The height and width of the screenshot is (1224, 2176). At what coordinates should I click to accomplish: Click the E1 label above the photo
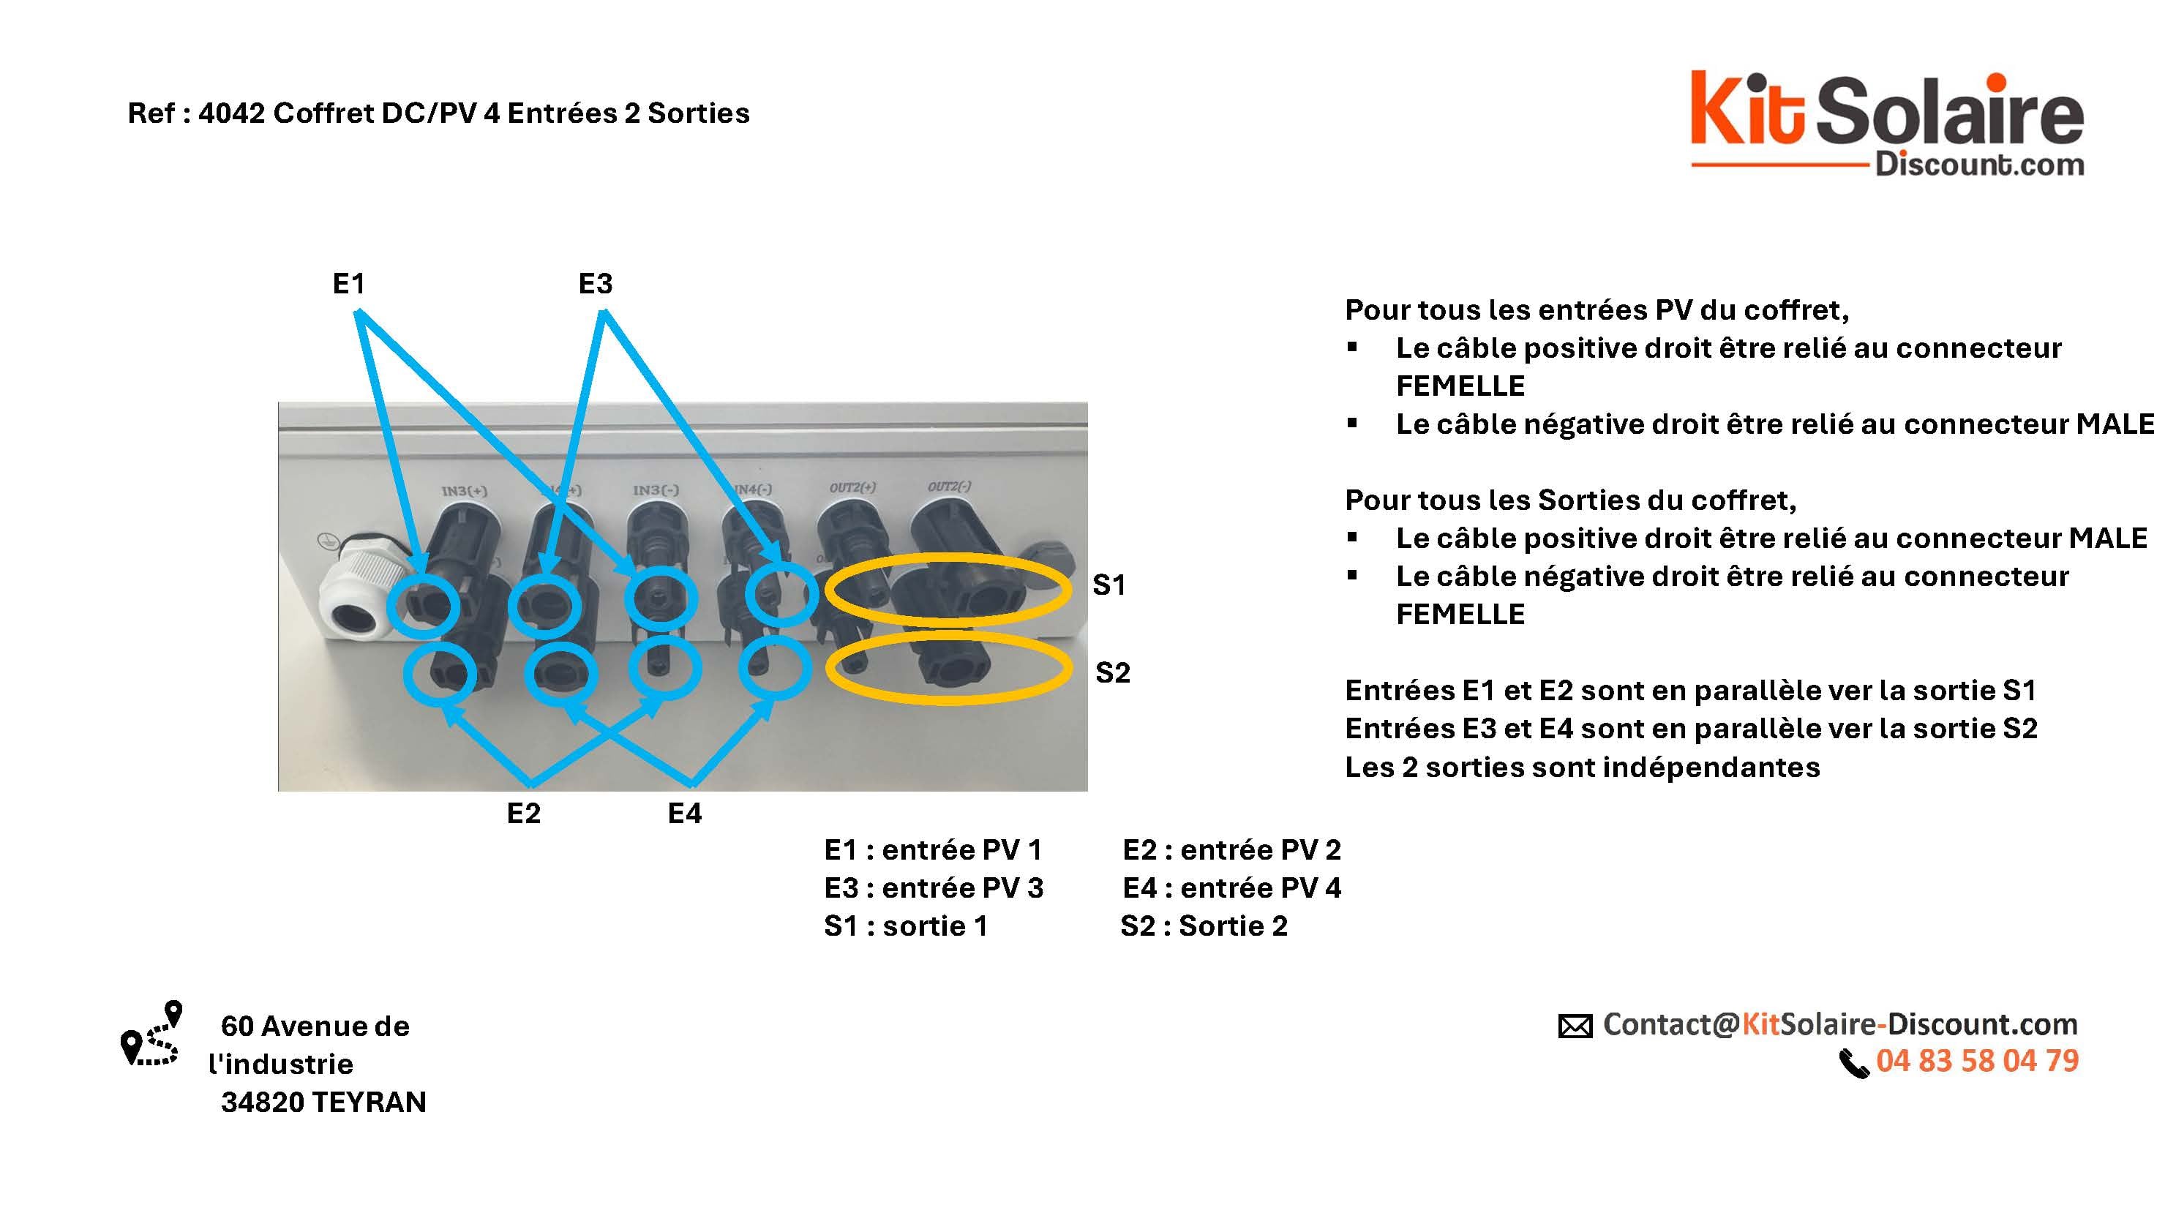click(348, 284)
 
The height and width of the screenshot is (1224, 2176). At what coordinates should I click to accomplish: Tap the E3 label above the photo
click(595, 284)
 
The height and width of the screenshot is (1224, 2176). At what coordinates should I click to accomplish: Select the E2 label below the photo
click(523, 814)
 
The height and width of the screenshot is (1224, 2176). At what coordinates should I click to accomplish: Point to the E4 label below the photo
click(684, 814)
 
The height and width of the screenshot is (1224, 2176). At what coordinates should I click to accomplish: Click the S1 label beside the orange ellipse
click(1108, 585)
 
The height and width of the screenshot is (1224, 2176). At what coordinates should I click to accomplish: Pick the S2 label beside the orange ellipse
click(1111, 673)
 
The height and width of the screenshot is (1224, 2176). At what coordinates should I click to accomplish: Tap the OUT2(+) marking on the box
click(852, 488)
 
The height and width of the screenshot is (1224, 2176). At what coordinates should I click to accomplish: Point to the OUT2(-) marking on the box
click(949, 487)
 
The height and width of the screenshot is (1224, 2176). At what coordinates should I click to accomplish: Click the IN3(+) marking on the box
click(464, 491)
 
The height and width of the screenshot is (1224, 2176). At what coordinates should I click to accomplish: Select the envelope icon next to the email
click(1575, 1026)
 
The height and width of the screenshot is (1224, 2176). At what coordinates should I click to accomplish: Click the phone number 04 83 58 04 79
click(1977, 1061)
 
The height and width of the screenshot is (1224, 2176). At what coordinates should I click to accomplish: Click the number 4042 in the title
click(231, 113)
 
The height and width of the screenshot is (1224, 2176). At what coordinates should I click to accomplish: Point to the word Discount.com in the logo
click(1979, 164)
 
